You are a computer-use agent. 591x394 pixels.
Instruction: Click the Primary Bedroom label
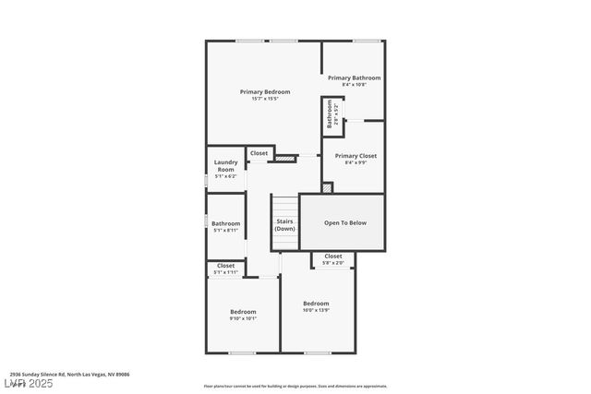[265, 91]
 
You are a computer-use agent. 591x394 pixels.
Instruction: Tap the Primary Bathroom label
[354, 78]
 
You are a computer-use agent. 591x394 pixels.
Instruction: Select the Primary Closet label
[356, 156]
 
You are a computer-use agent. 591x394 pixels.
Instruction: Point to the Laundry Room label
[226, 166]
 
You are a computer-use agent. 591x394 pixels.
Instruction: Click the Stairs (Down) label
[284, 224]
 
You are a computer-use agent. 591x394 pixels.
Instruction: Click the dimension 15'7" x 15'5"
[265, 99]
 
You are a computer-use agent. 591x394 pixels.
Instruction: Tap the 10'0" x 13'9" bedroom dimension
[316, 310]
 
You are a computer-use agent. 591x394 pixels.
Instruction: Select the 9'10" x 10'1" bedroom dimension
[243, 318]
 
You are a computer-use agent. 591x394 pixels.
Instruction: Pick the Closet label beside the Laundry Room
[259, 153]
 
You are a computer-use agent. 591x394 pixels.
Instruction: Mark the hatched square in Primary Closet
[326, 187]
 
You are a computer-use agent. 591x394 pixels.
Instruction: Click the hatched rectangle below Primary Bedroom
[285, 159]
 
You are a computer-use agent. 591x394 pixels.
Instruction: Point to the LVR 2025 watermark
[28, 383]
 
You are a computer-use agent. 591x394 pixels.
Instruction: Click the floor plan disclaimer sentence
[295, 387]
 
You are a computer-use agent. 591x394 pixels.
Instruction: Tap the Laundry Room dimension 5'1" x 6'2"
[226, 176]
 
